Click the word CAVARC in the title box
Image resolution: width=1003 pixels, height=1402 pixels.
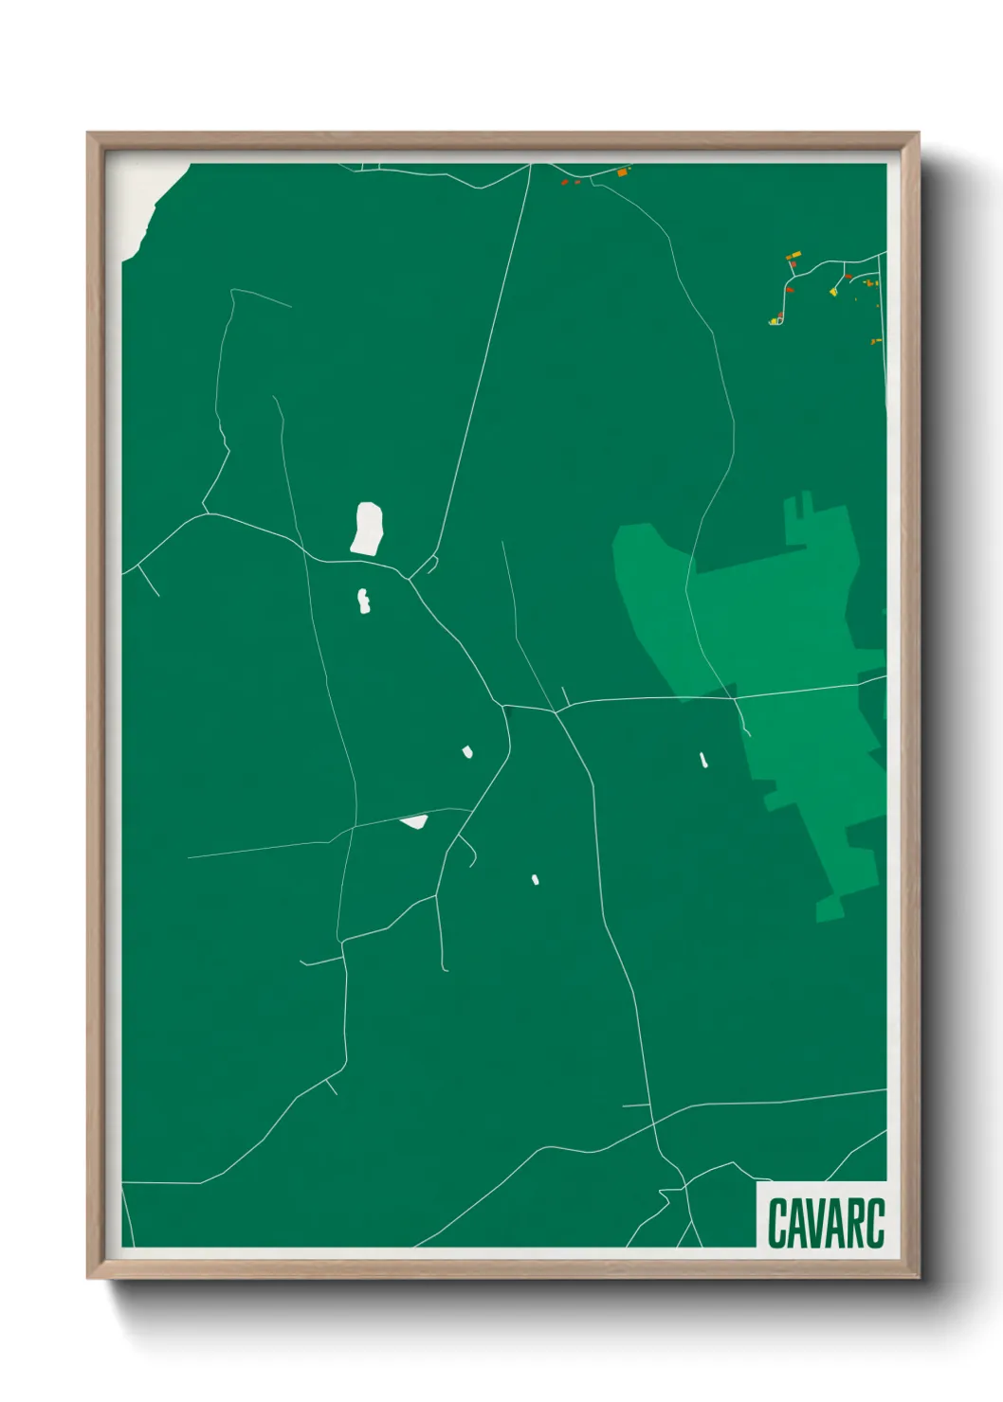[x=825, y=1223]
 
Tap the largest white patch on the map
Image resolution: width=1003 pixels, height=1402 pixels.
[x=367, y=529]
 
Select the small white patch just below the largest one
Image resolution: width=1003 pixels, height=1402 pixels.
[x=363, y=602]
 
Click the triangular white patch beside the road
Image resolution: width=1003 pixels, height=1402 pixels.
[x=414, y=821]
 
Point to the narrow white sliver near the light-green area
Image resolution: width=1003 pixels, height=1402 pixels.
[x=702, y=760]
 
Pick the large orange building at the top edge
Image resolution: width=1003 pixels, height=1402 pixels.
[x=623, y=172]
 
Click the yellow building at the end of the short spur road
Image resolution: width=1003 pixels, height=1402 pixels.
[x=834, y=292]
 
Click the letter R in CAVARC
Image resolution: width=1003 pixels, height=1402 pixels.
[x=857, y=1223]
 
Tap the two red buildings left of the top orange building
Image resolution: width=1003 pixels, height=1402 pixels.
[x=570, y=181]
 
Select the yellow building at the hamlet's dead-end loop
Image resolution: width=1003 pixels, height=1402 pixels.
[x=775, y=321]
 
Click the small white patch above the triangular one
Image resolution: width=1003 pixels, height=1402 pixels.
[x=467, y=752]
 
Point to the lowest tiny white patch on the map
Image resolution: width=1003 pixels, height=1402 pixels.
[x=536, y=880]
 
